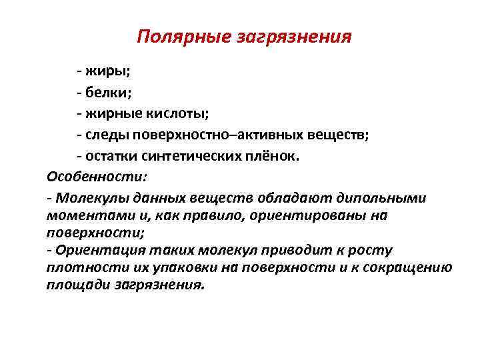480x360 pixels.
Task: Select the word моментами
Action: point(82,216)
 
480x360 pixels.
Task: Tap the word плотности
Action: point(76,268)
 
